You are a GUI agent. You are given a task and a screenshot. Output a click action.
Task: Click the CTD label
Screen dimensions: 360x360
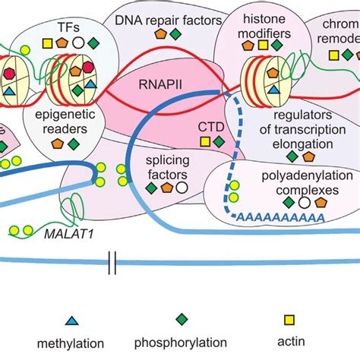coord(210,126)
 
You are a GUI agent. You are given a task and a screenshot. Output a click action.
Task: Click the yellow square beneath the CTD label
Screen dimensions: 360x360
coord(204,141)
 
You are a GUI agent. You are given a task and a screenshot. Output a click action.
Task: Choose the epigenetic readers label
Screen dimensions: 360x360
coord(64,122)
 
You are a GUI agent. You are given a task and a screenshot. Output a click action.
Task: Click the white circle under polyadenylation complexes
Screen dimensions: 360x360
coord(303,203)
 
